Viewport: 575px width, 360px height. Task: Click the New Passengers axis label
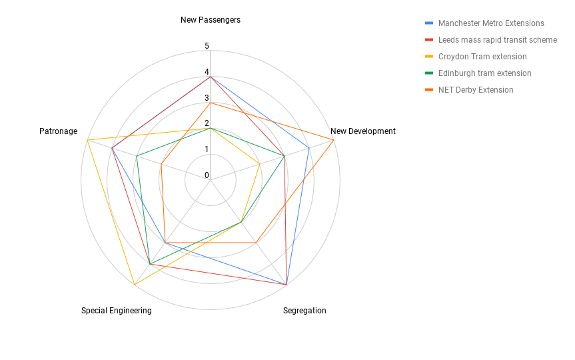[211, 20]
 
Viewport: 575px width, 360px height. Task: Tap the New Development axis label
[363, 131]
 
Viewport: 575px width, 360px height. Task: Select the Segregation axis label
[304, 311]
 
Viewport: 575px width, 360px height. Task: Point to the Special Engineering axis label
[116, 311]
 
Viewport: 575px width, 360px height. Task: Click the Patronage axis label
[59, 131]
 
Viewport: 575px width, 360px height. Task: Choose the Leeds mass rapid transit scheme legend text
[498, 39]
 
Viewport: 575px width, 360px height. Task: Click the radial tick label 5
[207, 46]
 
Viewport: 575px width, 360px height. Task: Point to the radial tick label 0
[207, 175]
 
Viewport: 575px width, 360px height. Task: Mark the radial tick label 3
[207, 97]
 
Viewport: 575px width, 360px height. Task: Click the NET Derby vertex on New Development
[333, 140]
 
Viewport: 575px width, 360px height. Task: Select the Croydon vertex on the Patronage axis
[87, 140]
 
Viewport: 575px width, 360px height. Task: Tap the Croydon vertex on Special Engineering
[135, 285]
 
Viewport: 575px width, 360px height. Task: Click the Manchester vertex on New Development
[308, 148]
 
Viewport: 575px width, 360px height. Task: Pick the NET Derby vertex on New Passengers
[210, 103]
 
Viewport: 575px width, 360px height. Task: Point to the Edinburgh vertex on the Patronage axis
[137, 156]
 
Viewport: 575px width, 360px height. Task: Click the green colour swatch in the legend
[429, 73]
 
